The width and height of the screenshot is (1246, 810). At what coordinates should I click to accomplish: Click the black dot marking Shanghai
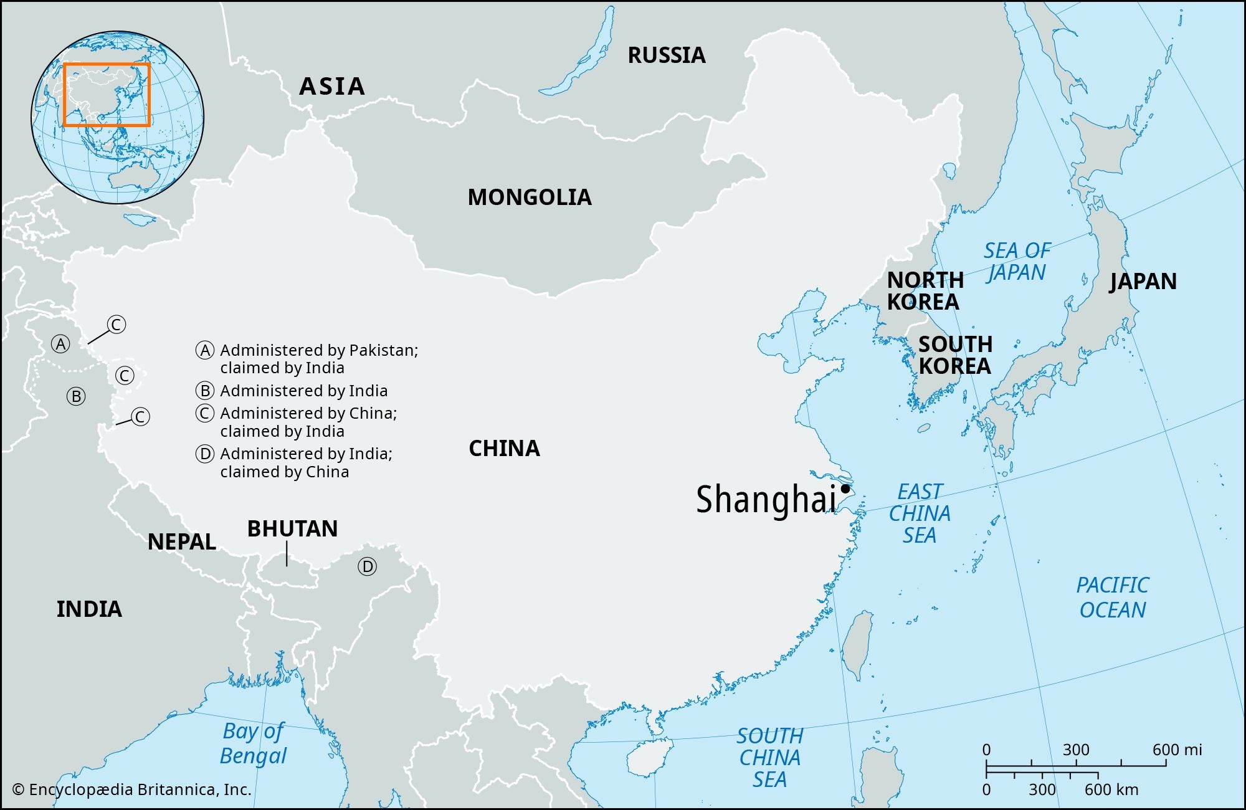pyautogui.click(x=845, y=488)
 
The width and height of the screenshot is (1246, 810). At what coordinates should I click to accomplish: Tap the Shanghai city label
pyautogui.click(x=766, y=500)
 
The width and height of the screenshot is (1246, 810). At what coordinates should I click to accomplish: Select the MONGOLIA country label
pyautogui.click(x=530, y=198)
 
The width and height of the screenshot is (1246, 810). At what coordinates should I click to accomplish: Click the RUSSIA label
pyautogui.click(x=666, y=55)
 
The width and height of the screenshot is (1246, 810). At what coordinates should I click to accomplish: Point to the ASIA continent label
pyautogui.click(x=331, y=87)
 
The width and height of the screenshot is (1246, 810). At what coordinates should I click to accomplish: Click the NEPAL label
pyautogui.click(x=181, y=541)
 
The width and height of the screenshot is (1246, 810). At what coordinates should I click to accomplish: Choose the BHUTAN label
pyautogui.click(x=292, y=529)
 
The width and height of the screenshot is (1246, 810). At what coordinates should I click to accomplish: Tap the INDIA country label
pyautogui.click(x=89, y=609)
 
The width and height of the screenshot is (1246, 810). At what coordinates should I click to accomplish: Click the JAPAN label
pyautogui.click(x=1143, y=282)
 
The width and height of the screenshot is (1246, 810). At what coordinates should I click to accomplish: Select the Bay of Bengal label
pyautogui.click(x=253, y=743)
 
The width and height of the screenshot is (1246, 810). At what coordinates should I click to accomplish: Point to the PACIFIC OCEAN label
pyautogui.click(x=1113, y=598)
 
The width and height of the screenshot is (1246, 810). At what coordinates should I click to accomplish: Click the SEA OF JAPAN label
pyautogui.click(x=1017, y=262)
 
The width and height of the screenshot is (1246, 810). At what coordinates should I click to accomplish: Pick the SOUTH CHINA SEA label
pyautogui.click(x=770, y=758)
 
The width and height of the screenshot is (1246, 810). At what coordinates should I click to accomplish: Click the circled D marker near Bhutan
pyautogui.click(x=367, y=566)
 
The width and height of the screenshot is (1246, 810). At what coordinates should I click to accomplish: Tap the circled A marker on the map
pyautogui.click(x=60, y=344)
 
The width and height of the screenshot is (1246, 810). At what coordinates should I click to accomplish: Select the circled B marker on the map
pyautogui.click(x=76, y=396)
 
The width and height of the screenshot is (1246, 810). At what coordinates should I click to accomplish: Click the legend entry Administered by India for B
pyautogui.click(x=303, y=391)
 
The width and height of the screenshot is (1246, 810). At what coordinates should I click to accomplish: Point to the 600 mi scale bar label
pyautogui.click(x=1176, y=750)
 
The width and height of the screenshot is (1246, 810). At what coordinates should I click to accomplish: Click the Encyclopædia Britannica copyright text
pyautogui.click(x=132, y=789)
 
